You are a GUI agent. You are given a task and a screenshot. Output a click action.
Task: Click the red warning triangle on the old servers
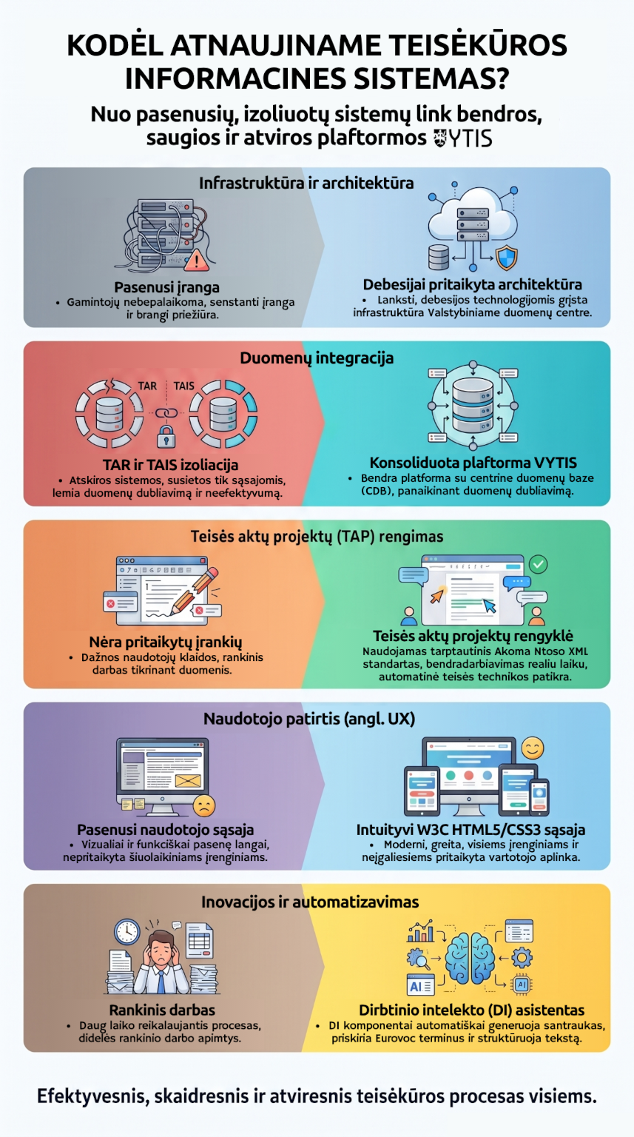[x=196, y=261]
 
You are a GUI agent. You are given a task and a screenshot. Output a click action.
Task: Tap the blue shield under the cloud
[x=506, y=258]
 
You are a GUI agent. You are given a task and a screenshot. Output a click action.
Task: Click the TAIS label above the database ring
[x=183, y=386]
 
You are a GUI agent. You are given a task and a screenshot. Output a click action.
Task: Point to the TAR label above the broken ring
[x=148, y=386]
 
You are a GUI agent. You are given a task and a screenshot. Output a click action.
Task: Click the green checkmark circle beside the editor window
[x=538, y=563]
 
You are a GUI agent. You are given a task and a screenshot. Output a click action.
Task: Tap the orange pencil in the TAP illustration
[x=195, y=591]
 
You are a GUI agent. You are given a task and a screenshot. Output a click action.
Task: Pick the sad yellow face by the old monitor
[x=204, y=805]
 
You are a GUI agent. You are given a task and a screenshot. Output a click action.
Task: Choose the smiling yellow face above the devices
[x=533, y=747]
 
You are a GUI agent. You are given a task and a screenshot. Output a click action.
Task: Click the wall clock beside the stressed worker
[x=127, y=931]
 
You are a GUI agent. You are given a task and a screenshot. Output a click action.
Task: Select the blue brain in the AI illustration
[x=471, y=958]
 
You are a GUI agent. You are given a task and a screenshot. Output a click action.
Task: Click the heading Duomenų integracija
[x=317, y=358]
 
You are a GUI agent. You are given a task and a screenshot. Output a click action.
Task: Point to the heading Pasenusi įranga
[x=167, y=287]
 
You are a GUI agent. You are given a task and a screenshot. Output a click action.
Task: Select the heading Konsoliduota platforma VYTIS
[x=473, y=463]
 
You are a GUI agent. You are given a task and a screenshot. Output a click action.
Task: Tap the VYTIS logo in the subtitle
[x=463, y=138]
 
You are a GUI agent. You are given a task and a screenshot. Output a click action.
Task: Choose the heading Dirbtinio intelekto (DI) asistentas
[x=472, y=1010]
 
